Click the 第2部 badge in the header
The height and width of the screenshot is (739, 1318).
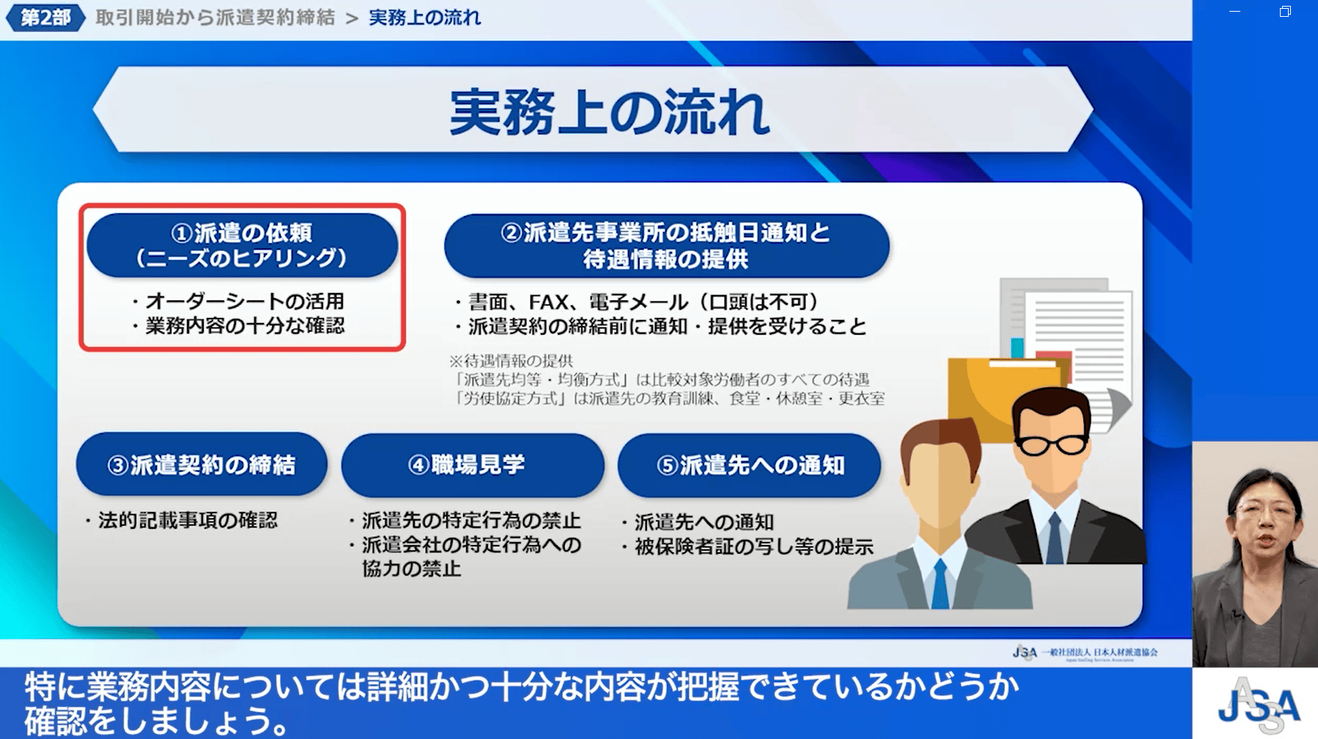point(45,18)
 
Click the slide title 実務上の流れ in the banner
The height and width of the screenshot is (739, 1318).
point(610,113)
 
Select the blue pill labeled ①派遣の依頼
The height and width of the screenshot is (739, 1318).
point(242,245)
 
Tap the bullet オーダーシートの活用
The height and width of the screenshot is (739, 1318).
point(238,301)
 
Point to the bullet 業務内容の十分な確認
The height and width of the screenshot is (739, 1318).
point(238,326)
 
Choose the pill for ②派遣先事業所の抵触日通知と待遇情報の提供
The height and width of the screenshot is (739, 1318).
point(667,245)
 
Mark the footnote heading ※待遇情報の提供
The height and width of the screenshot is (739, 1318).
point(511,360)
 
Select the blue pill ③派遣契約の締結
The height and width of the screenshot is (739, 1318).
point(201,464)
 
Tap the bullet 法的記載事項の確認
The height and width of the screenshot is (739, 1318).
point(181,521)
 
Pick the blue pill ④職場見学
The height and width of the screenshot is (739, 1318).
point(473,464)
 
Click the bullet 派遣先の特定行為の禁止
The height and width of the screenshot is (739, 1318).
point(465,521)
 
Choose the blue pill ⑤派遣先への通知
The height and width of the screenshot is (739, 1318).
point(749,465)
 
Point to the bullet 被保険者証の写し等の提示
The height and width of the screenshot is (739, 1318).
point(748,547)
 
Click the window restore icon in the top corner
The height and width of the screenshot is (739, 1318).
point(1285,12)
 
